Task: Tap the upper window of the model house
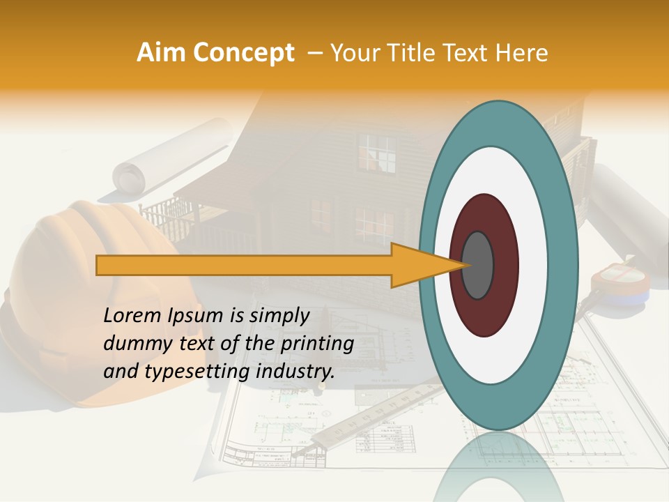pos(377,153)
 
